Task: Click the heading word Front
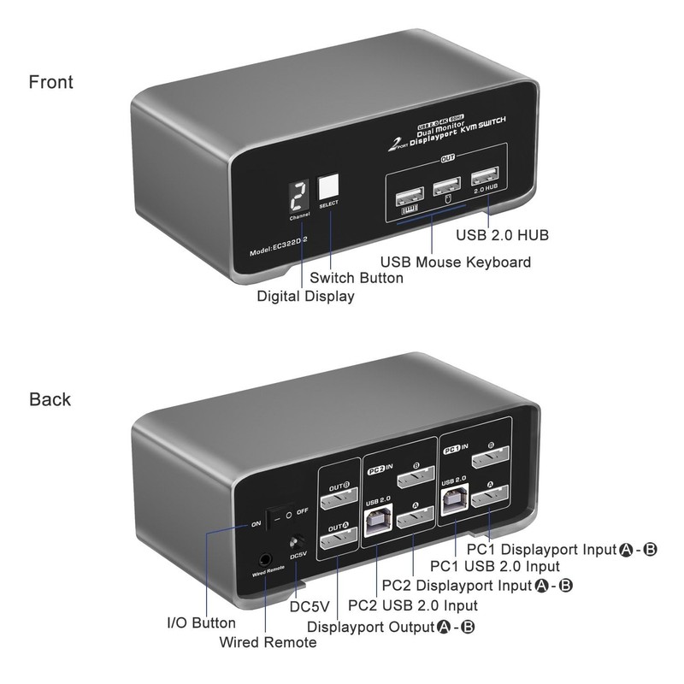coord(51,83)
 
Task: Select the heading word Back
coord(50,399)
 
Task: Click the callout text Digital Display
coord(305,296)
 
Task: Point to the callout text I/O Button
coord(200,623)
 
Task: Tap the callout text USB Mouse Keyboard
coord(455,262)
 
